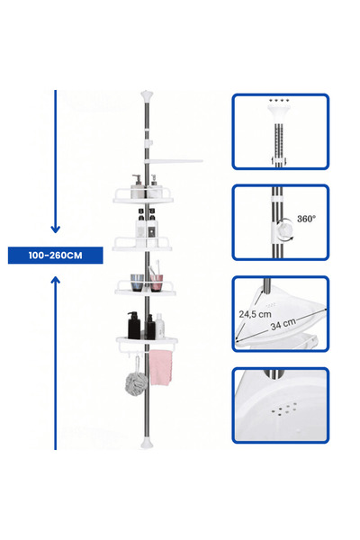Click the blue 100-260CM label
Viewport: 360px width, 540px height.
(x=55, y=256)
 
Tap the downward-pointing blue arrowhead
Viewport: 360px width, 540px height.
(x=56, y=229)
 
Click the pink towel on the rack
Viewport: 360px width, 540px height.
(x=160, y=367)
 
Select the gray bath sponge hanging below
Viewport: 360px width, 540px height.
(x=136, y=382)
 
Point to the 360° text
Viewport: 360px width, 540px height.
(x=306, y=219)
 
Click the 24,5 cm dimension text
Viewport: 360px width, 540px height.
(x=255, y=314)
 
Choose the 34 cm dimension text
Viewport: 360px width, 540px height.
(x=283, y=324)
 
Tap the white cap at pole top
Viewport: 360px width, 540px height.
(x=147, y=95)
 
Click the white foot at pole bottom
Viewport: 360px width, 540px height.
(x=147, y=443)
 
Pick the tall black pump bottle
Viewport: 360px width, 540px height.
(x=134, y=326)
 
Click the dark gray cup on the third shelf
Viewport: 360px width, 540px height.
(x=137, y=283)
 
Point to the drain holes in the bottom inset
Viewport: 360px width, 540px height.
(x=284, y=408)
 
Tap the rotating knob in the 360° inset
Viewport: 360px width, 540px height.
(x=285, y=229)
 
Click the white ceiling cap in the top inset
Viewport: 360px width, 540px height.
(x=279, y=112)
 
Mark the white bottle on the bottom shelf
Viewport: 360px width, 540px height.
(x=159, y=326)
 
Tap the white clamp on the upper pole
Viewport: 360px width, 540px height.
(x=148, y=142)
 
